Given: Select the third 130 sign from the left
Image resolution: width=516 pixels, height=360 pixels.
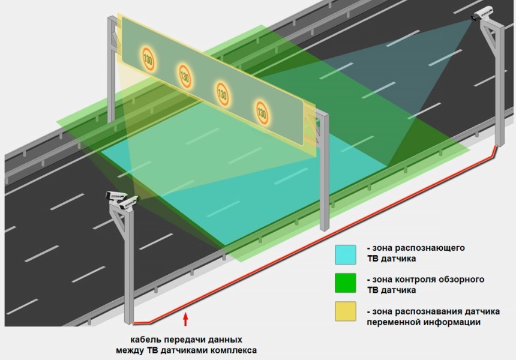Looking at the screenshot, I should [222, 93].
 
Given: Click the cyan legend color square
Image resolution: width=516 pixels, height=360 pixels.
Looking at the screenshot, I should [346, 253].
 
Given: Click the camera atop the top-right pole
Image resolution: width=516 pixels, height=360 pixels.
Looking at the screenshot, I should [483, 13].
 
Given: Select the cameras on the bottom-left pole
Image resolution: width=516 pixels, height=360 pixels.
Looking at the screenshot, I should [121, 200].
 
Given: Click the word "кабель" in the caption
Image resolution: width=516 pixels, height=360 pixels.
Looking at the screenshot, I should [147, 339].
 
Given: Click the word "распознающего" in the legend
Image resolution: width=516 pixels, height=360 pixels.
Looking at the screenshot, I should [436, 247].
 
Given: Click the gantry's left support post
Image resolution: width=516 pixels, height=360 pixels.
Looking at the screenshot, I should [111, 72].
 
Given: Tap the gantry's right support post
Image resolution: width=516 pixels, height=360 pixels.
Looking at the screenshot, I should [324, 174].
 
